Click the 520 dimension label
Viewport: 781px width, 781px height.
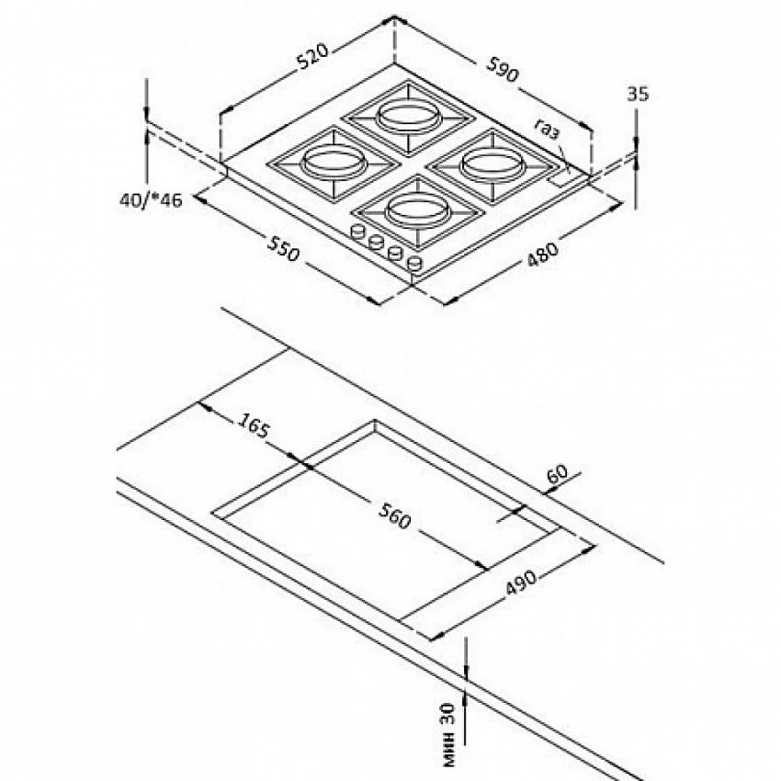click(313, 56)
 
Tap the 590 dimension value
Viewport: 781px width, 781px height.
click(503, 69)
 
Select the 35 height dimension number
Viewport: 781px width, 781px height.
click(638, 94)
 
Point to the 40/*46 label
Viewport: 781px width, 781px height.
click(151, 200)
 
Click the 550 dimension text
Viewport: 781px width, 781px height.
click(284, 249)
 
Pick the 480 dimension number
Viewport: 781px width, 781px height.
click(542, 255)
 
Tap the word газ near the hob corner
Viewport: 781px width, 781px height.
click(548, 129)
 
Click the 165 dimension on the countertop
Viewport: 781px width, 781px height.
click(253, 425)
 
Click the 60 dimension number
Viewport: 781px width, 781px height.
click(557, 474)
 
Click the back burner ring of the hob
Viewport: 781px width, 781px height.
click(409, 116)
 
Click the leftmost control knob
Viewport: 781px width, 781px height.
click(357, 232)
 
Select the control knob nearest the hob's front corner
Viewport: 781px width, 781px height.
click(414, 264)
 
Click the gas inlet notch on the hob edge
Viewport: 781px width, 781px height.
click(558, 179)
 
